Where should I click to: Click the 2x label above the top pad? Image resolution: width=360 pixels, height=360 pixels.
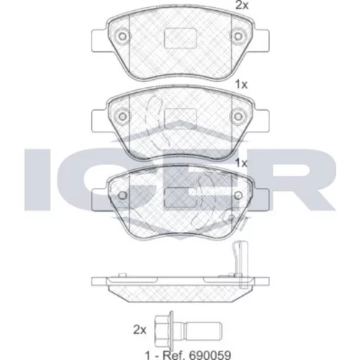242,5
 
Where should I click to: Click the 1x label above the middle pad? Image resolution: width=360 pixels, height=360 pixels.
241,84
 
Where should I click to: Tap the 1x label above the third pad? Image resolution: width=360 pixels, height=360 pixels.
241,163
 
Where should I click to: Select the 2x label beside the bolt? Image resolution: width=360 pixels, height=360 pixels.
140,330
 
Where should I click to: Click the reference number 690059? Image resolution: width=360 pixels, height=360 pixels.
210,355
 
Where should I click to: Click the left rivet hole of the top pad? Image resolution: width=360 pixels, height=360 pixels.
122,37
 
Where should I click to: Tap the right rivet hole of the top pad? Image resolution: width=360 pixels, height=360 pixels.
238,37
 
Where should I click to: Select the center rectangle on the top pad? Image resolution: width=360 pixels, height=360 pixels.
180,38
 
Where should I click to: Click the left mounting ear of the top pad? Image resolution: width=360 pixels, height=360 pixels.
99,40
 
